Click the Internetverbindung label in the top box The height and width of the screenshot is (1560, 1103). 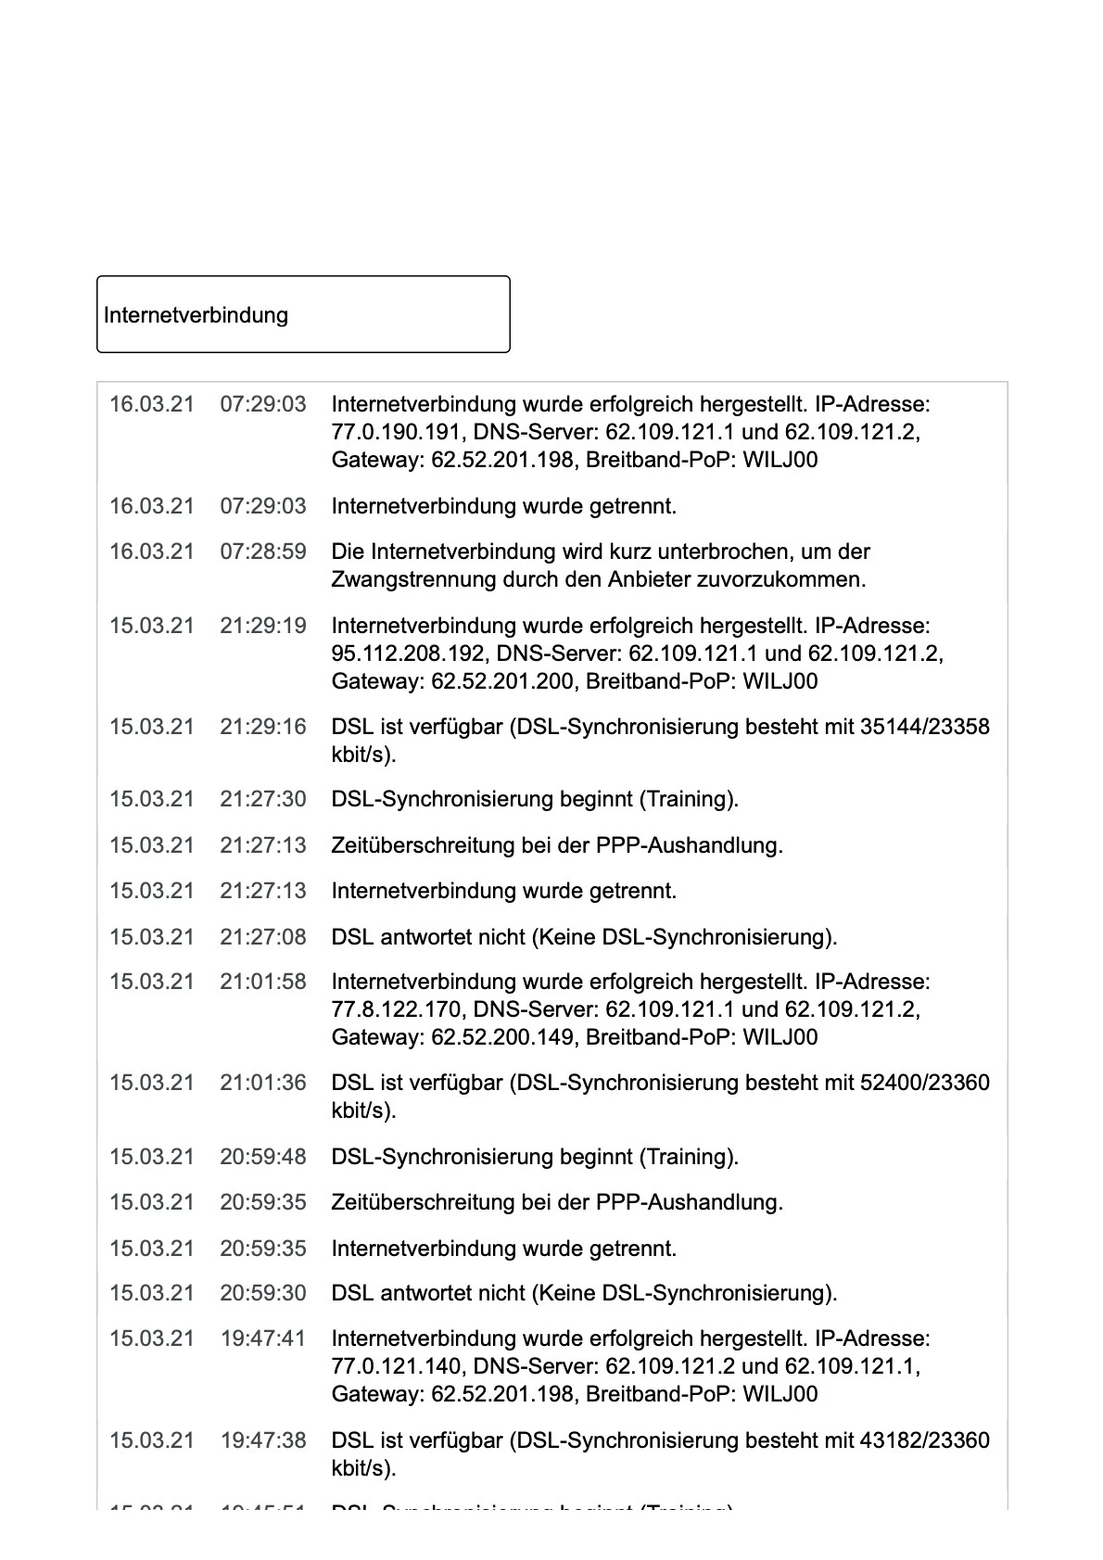click(196, 315)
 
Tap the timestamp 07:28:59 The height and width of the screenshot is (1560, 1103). click(262, 552)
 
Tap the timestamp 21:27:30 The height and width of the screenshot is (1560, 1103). click(262, 799)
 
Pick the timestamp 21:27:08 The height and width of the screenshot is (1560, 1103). click(262, 937)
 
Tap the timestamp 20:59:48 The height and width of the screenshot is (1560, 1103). click(262, 1157)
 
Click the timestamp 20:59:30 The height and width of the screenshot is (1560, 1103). click(262, 1293)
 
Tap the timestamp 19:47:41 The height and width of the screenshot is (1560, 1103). click(262, 1338)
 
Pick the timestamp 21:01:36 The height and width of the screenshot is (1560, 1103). click(262, 1083)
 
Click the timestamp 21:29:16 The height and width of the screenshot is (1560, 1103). click(262, 727)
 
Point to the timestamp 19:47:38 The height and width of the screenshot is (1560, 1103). click(262, 1440)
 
